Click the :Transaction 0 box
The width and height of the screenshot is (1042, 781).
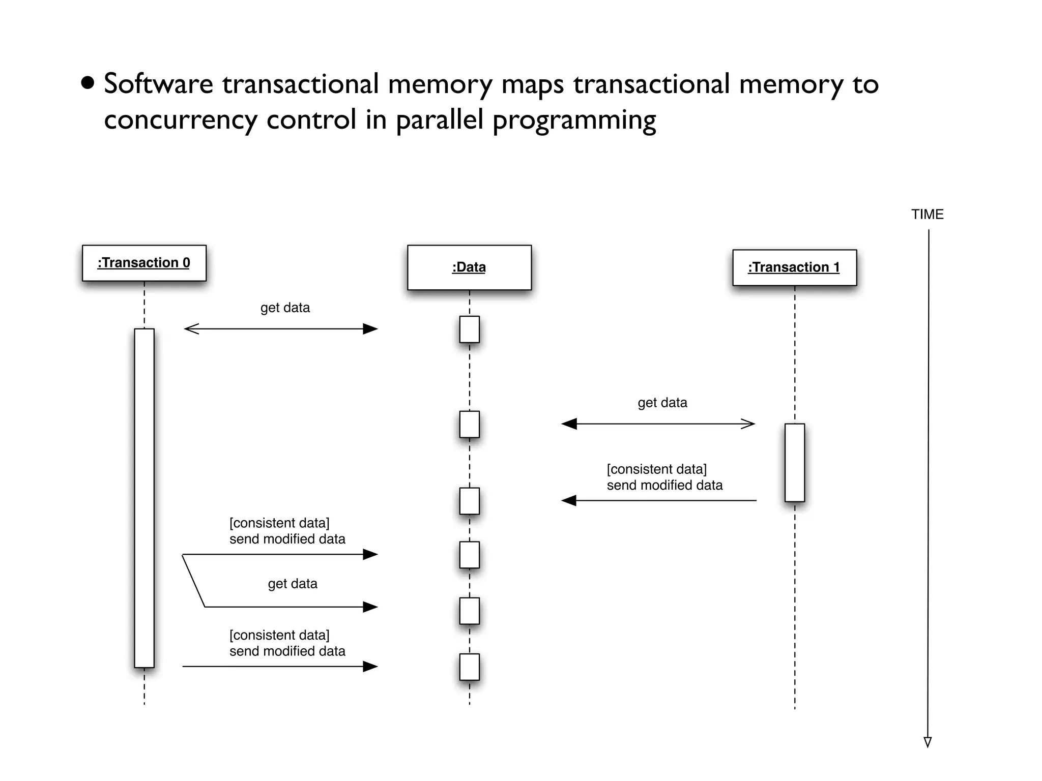(x=144, y=263)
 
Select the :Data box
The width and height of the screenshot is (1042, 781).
(x=469, y=267)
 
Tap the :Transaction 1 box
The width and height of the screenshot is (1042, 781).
(x=794, y=267)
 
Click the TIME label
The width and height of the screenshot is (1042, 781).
(x=927, y=215)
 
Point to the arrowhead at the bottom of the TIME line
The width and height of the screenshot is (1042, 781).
(x=928, y=742)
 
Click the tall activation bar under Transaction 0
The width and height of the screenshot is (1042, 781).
(x=144, y=498)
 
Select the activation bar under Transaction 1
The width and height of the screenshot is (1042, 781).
(x=794, y=463)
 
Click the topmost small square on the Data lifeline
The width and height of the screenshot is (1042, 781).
(x=469, y=329)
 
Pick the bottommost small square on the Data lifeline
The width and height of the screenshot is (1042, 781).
(x=469, y=667)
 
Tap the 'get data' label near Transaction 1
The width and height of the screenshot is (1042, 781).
(x=662, y=403)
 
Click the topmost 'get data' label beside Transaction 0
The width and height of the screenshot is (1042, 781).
(x=285, y=308)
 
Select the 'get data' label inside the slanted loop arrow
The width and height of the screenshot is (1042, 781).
(x=293, y=584)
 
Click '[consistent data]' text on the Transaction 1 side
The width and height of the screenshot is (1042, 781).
(x=656, y=469)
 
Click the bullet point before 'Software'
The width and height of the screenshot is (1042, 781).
(x=88, y=83)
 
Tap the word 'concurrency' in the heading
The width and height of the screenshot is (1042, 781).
(x=181, y=120)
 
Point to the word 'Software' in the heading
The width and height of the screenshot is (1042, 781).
(x=158, y=84)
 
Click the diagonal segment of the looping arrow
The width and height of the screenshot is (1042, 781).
(x=193, y=581)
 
